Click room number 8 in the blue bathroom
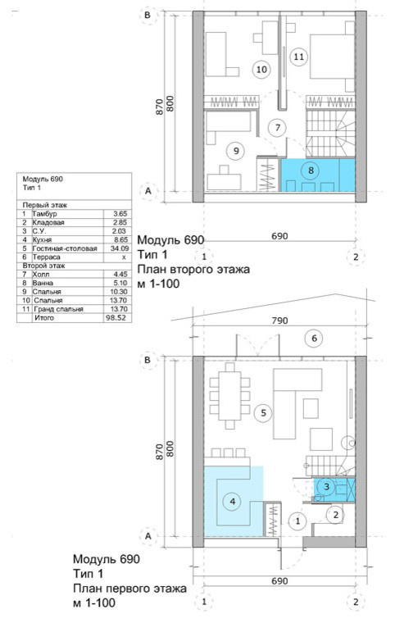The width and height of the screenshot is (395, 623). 311,170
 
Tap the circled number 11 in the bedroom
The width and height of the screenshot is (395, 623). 298,57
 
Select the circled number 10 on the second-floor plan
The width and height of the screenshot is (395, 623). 261,70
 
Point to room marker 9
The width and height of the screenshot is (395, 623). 236,151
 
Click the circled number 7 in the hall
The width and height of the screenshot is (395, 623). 277,128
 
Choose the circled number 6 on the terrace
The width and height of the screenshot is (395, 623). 314,339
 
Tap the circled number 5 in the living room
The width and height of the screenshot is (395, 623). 263,413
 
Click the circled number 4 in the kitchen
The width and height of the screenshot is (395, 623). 233,502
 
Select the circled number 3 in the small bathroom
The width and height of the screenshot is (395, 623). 327,486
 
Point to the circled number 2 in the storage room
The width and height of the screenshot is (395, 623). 336,515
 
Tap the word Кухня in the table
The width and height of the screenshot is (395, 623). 42,240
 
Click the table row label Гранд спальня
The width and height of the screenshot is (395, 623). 58,309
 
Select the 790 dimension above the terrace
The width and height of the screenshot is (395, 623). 279,321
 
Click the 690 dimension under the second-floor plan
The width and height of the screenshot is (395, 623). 279,236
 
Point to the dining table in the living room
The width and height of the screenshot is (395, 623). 230,396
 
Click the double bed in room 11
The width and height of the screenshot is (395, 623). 332,57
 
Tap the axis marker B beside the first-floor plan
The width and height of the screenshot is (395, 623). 148,361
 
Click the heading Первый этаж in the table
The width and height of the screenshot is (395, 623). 45,206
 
